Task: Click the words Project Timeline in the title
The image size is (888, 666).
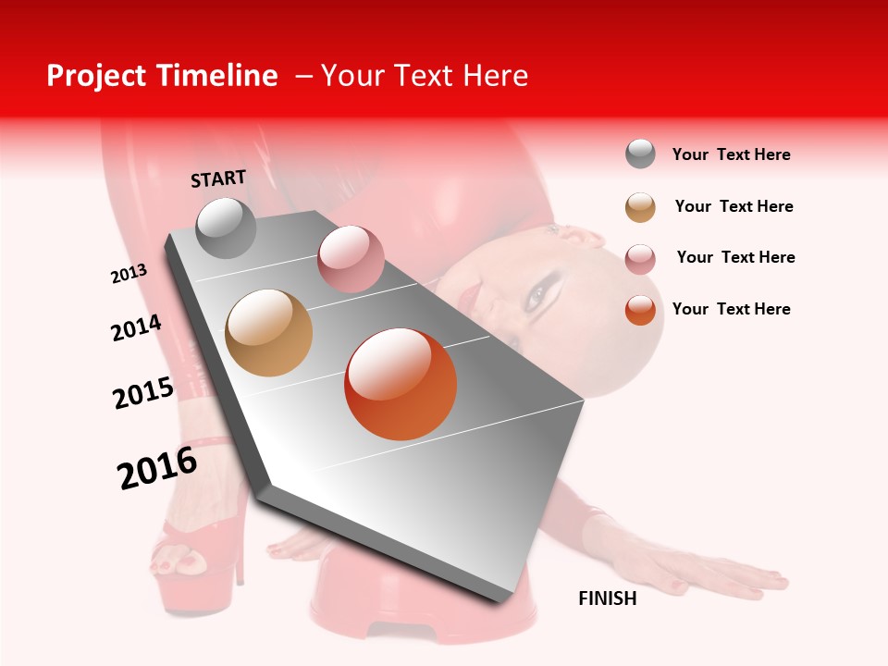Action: tap(162, 76)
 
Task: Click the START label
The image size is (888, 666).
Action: tap(218, 179)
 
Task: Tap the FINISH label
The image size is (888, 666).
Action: tap(607, 598)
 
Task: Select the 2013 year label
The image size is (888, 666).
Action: tap(129, 274)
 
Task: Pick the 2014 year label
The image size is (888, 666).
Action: tap(137, 328)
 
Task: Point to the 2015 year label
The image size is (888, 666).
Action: tap(143, 393)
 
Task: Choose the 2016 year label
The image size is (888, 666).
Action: tap(157, 468)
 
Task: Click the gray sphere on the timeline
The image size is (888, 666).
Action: tap(226, 228)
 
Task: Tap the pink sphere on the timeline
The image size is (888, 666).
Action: tap(351, 259)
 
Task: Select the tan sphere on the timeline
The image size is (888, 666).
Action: tap(268, 333)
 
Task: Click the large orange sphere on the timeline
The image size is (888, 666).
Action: tap(401, 384)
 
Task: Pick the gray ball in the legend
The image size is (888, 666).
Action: tap(640, 154)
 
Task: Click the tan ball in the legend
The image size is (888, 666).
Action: tap(640, 206)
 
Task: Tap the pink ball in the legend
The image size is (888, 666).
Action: tap(640, 258)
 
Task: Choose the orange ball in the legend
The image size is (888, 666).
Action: tap(640, 310)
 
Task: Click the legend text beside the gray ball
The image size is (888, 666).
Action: tap(731, 154)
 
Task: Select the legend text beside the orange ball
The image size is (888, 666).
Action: tap(731, 309)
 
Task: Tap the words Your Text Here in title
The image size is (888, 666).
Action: tap(425, 76)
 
